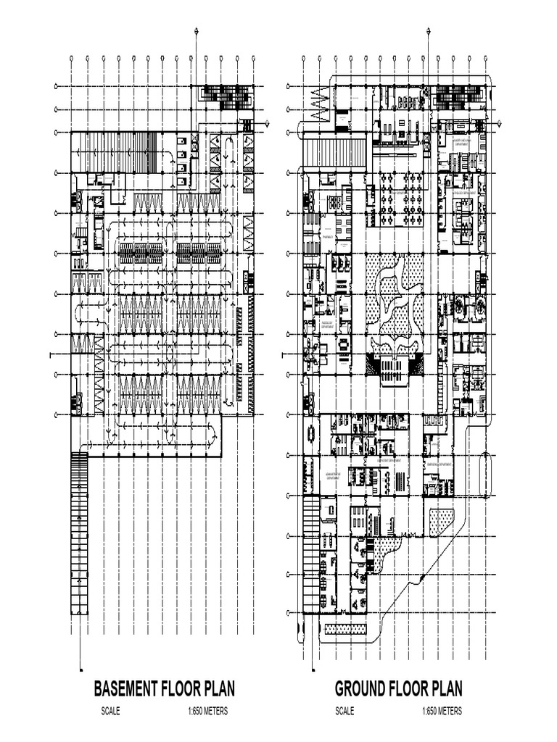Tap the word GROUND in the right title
tap(360, 688)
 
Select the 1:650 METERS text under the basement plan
tap(207, 712)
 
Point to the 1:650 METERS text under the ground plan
tap(442, 712)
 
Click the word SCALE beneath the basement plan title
tap(110, 712)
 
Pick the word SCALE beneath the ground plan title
tap(344, 712)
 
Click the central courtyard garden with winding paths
tap(395, 297)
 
